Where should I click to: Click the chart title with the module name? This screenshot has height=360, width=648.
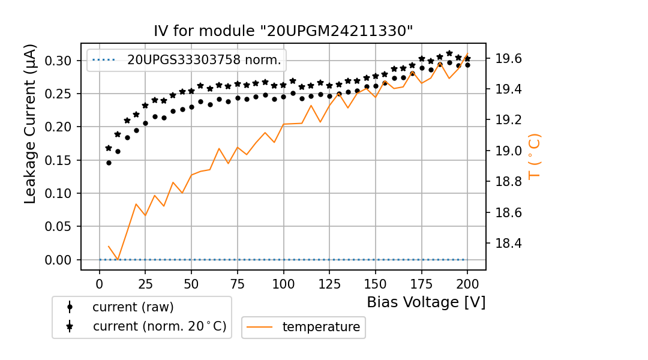coord(283,31)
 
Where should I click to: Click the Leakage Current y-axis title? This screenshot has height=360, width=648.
coord(31,124)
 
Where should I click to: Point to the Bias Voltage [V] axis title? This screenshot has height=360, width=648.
coord(426,302)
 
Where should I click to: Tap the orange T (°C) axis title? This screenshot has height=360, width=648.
coord(535,156)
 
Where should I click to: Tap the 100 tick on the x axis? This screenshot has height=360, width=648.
coord(283,283)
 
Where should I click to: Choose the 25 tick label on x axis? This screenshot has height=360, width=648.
coord(145,283)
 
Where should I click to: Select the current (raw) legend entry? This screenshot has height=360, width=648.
coord(133,307)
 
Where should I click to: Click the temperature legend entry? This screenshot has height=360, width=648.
coord(321,327)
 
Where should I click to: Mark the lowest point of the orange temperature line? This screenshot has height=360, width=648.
coord(118,260)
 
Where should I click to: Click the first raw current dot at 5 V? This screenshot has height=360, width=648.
coord(109,163)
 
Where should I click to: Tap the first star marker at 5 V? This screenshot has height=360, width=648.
coord(109,148)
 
